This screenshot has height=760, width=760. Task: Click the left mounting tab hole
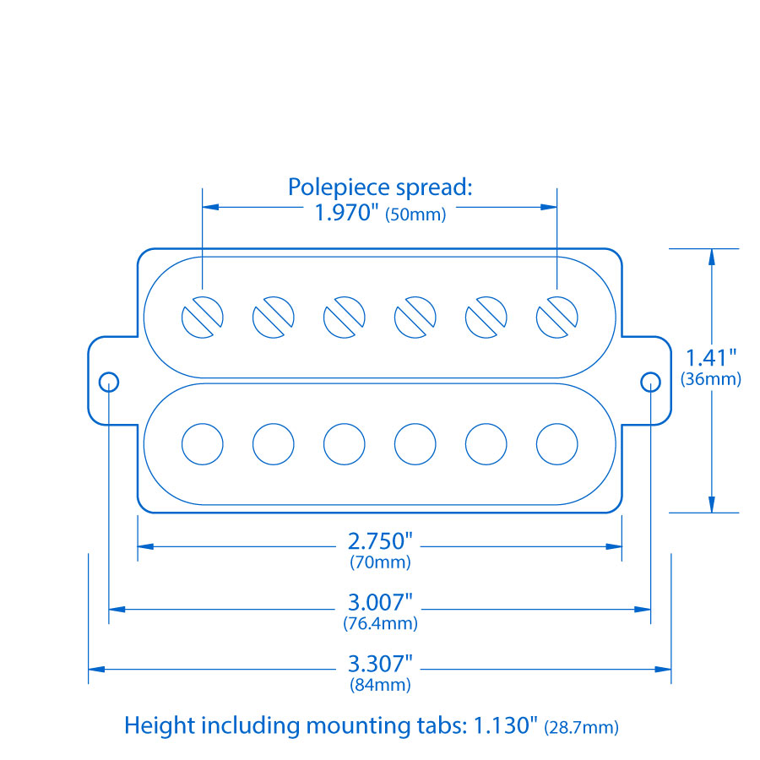[x=109, y=382]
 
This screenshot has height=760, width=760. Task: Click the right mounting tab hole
[x=650, y=382]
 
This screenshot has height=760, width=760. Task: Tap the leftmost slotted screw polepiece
[x=203, y=318]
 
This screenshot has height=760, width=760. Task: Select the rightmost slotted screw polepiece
[x=557, y=318]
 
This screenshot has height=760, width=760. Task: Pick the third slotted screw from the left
[x=345, y=318]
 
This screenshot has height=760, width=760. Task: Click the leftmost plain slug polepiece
[x=203, y=443]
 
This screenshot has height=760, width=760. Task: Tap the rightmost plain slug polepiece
[x=557, y=443]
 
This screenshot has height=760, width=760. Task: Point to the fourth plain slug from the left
[x=415, y=443]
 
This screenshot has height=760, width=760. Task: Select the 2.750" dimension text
[x=380, y=541]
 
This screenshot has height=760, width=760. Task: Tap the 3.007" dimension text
[x=380, y=603]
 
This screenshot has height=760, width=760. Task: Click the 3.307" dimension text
[x=380, y=664]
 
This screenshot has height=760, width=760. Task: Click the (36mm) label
[x=711, y=379]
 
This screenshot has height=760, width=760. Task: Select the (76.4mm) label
[x=380, y=624]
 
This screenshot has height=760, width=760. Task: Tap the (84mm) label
[x=380, y=685]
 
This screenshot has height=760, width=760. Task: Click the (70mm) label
[x=380, y=562]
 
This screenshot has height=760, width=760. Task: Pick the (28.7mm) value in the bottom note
[x=582, y=726]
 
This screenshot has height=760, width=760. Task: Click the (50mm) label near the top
[x=415, y=214]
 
